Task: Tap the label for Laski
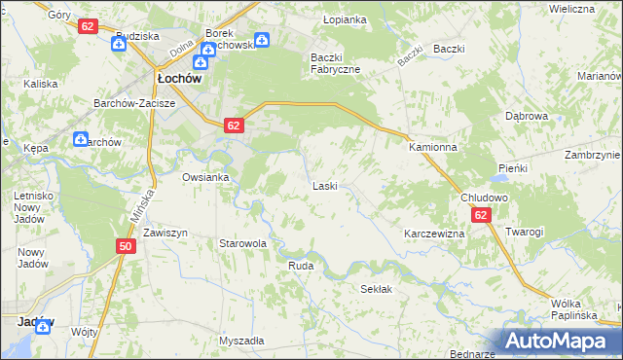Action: [x=324, y=185]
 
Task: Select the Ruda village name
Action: [x=300, y=265]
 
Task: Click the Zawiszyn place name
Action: [x=165, y=234]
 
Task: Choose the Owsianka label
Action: [x=205, y=177]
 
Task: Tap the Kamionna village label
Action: [x=432, y=147]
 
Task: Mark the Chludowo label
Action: [x=484, y=197]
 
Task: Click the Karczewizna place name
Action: [x=434, y=234]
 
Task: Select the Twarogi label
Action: [x=524, y=232]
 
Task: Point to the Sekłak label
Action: [x=376, y=289]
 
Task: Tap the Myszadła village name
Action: [x=241, y=341]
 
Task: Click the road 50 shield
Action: [x=125, y=247]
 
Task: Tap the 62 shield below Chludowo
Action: [x=481, y=215]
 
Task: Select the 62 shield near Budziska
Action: [x=89, y=26]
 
